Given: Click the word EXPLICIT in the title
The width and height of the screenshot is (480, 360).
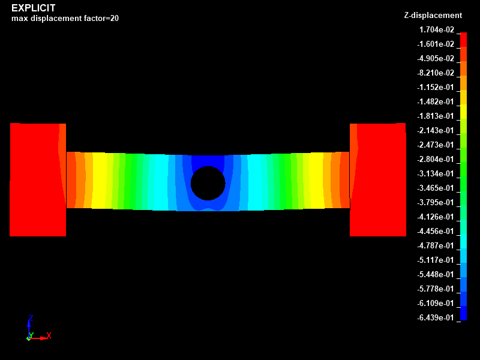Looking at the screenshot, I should tap(34, 8).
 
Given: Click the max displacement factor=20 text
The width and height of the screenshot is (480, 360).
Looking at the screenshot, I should tap(65, 19).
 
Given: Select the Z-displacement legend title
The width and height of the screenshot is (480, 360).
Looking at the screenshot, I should tap(433, 16).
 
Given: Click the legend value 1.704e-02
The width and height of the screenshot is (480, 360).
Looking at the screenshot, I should tap(436, 30).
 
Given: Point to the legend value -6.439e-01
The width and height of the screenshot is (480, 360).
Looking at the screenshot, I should tap(436, 318).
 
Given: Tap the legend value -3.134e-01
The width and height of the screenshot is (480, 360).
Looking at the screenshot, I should tap(436, 174).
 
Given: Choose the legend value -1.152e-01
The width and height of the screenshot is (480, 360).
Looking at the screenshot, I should tap(436, 88).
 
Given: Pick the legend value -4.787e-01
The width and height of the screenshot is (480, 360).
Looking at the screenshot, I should tap(436, 246).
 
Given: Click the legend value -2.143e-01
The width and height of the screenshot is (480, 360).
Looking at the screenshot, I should tap(436, 131).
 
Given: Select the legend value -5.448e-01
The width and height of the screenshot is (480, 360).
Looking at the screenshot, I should tap(436, 275).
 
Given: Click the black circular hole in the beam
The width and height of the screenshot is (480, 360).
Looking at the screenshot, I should tap(208, 183).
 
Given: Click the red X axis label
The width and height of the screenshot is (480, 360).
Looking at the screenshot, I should tap(49, 335).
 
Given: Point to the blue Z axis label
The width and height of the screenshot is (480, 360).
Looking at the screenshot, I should tap(31, 319).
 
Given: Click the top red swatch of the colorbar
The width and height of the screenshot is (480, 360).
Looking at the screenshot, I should tap(463, 39).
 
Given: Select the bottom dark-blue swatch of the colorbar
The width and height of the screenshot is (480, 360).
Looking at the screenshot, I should tap(463, 313).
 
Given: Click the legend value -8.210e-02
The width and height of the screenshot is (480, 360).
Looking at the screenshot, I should tap(436, 73).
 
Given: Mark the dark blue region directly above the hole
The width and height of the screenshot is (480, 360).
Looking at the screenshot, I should tap(208, 160).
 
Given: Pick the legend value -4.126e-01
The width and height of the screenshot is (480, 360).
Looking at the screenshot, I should tap(436, 217).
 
